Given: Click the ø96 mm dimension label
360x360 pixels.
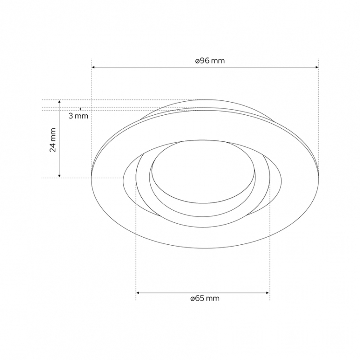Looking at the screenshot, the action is pos(210,61).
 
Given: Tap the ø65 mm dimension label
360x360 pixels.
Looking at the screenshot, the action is pos(205,298).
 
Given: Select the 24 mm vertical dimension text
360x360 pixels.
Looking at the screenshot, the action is pos(53,140).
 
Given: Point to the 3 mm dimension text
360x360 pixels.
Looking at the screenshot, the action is pos(78,116).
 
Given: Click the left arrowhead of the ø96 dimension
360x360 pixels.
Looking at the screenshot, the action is pos(93,67).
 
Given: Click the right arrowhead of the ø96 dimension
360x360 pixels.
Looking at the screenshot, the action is pos(317,67).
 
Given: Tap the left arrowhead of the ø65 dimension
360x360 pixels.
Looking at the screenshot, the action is pos(138,293).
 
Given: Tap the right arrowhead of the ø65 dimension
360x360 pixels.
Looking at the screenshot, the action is pos(267,293).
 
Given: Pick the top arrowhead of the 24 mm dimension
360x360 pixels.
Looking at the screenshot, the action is pos(59,102).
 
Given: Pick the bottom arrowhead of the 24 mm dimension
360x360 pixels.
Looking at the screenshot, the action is pos(59,175).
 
